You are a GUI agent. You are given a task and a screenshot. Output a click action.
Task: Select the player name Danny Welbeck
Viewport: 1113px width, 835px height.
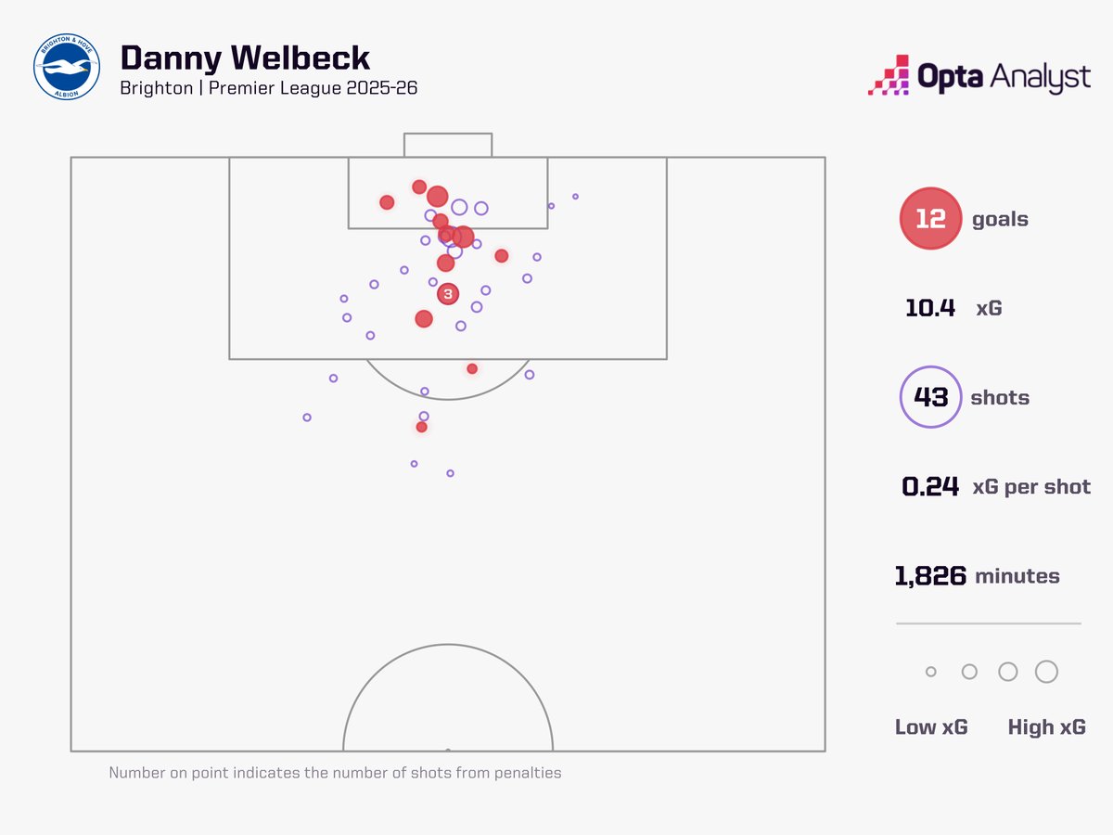tap(246, 58)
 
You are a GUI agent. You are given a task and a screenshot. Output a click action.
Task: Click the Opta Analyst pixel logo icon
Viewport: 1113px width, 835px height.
tap(888, 75)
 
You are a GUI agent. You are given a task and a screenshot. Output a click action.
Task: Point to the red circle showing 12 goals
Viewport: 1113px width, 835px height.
tap(930, 219)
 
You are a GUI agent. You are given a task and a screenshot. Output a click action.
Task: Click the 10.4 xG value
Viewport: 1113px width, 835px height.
tap(930, 308)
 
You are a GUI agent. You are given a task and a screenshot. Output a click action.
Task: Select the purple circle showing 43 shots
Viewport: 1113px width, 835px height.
tap(930, 397)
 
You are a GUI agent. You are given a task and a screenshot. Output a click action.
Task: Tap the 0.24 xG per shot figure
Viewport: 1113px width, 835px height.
tap(930, 486)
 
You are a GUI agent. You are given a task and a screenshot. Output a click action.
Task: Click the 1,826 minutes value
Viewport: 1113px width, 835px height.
tap(930, 576)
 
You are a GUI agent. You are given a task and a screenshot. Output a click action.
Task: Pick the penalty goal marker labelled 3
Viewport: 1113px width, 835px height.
tap(448, 294)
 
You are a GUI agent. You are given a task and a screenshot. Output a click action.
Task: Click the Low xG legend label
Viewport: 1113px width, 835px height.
tap(931, 727)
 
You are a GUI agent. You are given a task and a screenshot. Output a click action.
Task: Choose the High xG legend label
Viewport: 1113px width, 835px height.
tap(1046, 727)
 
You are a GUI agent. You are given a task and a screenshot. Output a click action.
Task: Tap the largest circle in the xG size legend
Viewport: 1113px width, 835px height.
tap(1046, 672)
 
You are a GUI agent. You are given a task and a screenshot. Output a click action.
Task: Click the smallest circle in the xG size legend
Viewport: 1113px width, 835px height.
tap(931, 672)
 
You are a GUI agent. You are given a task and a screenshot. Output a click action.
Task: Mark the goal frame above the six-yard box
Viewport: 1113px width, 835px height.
tap(447, 145)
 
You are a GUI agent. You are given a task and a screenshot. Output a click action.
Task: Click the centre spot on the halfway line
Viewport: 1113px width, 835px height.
tap(448, 750)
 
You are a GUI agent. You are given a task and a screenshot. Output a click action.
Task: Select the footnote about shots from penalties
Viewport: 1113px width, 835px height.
tap(335, 773)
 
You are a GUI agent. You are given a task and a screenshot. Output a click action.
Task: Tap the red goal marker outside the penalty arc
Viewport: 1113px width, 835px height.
tap(422, 427)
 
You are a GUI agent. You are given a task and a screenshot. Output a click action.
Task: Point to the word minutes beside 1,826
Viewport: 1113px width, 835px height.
tap(1017, 576)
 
